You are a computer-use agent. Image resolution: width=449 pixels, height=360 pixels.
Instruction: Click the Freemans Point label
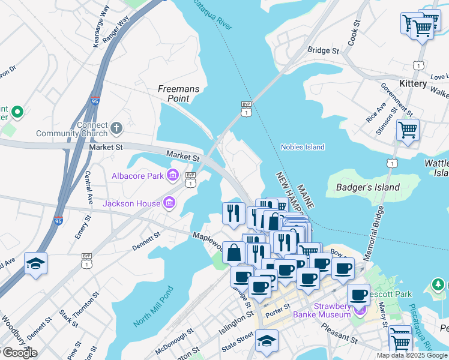pos(178,93)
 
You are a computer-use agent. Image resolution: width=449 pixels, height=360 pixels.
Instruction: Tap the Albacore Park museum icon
pos(173,175)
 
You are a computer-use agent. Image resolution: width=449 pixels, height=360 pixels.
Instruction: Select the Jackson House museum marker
pos(169,203)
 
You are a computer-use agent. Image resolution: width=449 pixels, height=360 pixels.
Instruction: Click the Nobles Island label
pos(303,147)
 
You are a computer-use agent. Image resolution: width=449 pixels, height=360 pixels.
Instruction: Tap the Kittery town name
pos(412,83)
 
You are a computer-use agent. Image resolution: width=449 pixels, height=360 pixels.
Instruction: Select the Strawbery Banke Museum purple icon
pos(360,310)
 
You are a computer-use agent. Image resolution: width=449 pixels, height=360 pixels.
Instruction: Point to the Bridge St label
pos(323,51)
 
